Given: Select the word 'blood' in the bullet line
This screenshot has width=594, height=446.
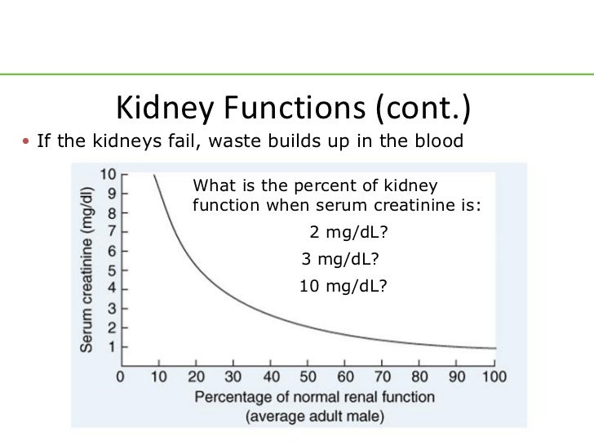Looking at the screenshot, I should (x=441, y=141).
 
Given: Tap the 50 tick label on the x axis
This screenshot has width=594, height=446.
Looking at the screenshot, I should (x=308, y=377).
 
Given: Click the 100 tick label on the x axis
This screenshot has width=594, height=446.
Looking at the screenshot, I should (x=494, y=377).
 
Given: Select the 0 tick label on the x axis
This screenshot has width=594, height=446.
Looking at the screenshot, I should (x=120, y=377).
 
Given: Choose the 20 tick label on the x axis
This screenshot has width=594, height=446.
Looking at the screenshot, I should (x=195, y=377).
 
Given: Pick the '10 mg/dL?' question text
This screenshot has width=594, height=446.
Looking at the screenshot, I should (x=343, y=287).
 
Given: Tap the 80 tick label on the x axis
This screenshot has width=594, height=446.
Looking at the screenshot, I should (x=419, y=377).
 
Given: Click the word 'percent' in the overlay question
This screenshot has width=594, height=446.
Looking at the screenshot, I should (x=296, y=185).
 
